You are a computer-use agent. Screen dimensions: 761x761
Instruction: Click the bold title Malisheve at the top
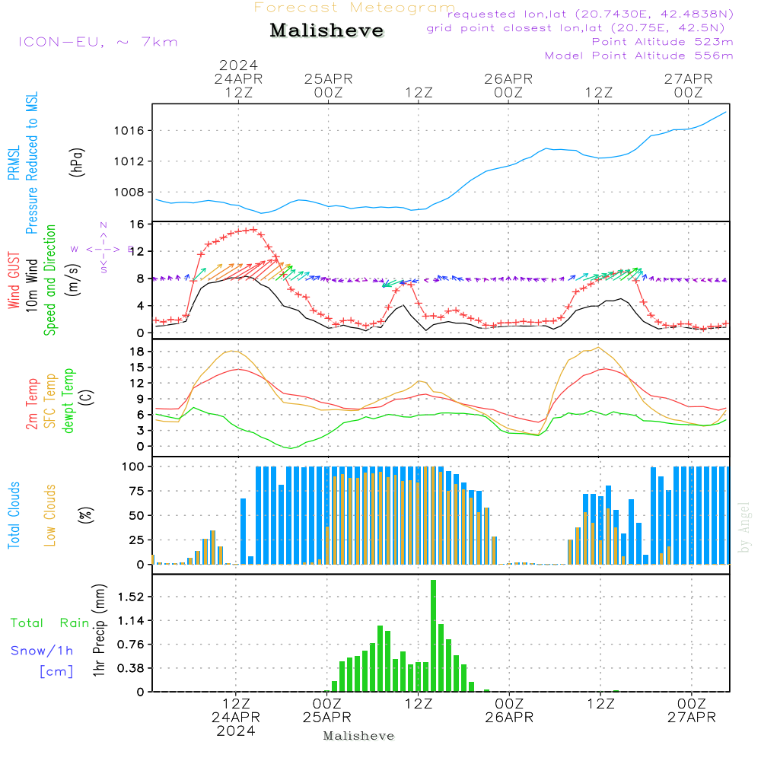click(326, 30)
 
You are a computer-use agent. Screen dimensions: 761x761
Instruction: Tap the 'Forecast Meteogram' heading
click(355, 8)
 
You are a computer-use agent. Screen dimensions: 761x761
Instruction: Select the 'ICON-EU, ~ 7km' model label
click(97, 42)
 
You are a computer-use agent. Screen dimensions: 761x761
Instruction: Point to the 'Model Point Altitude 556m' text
click(638, 56)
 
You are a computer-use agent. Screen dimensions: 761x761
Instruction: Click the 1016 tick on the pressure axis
click(129, 131)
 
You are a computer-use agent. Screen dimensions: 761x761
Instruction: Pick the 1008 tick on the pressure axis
click(129, 192)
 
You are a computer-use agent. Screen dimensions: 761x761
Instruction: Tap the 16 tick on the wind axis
click(137, 224)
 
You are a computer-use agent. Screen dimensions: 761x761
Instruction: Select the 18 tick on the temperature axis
click(137, 352)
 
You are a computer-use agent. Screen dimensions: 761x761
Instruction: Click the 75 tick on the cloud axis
click(137, 491)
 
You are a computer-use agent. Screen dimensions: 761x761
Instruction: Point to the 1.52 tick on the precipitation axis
click(130, 597)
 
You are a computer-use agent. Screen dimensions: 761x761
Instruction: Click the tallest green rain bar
click(433, 635)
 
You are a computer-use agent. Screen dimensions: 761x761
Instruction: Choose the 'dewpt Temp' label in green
click(69, 401)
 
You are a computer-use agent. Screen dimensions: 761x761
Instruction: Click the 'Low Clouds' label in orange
click(51, 515)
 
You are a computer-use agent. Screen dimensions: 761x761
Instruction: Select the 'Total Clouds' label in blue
click(14, 515)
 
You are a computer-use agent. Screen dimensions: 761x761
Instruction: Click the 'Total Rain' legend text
click(49, 623)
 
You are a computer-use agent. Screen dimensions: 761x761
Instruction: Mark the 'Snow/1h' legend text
click(42, 651)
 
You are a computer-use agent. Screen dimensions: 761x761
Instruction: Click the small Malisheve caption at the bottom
click(358, 736)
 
